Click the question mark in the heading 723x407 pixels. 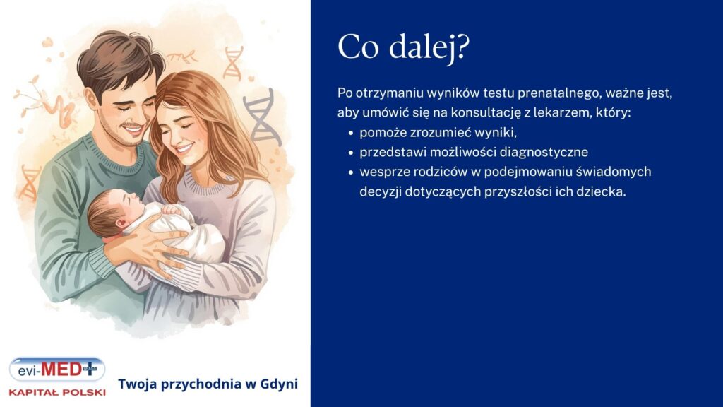[x=462, y=48]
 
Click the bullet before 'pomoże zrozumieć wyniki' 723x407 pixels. [x=351, y=133]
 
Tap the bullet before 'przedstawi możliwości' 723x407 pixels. [x=351, y=153]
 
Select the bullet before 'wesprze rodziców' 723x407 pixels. [x=351, y=172]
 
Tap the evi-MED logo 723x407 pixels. [x=57, y=370]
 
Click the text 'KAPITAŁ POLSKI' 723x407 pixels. [x=57, y=391]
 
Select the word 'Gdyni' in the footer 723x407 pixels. [x=280, y=384]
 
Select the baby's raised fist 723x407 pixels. [x=172, y=210]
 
